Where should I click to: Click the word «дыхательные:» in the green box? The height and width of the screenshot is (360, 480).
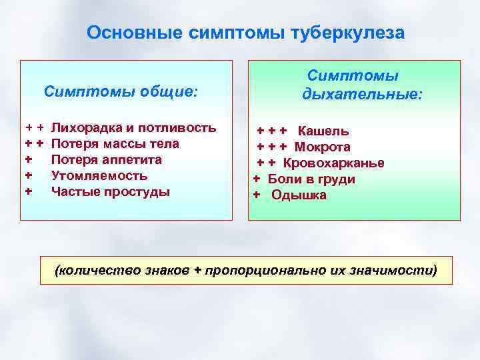pyautogui.click(x=362, y=95)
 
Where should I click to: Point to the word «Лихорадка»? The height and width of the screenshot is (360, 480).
pyautogui.click(x=84, y=127)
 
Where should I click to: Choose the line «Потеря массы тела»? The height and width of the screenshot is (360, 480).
pyautogui.click(x=115, y=143)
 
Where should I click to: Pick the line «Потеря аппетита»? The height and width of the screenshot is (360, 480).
pyautogui.click(x=107, y=160)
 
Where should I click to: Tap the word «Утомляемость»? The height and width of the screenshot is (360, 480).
pyautogui.click(x=99, y=176)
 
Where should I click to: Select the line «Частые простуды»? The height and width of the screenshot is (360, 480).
pyautogui.click(x=111, y=192)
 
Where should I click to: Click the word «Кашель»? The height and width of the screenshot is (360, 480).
pyautogui.click(x=323, y=131)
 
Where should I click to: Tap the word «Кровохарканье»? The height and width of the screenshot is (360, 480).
pyautogui.click(x=333, y=163)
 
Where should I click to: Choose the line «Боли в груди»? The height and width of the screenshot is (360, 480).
pyautogui.click(x=311, y=179)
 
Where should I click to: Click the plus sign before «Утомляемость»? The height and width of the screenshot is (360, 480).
pyautogui.click(x=29, y=176)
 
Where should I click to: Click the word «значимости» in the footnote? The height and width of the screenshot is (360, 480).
pyautogui.click(x=400, y=271)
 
